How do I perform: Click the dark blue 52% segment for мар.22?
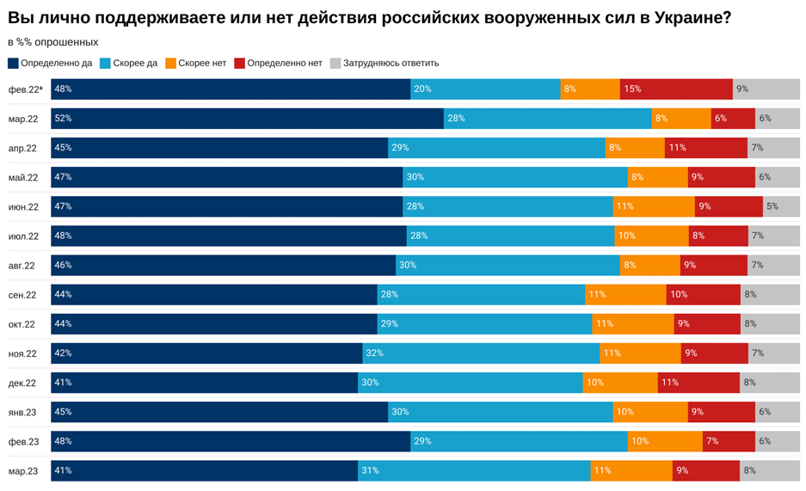coord(247,119)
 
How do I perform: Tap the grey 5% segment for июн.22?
coord(781,206)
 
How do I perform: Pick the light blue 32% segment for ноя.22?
coord(481,353)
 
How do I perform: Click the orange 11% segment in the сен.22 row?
coord(625,295)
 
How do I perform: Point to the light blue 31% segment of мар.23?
coord(474,470)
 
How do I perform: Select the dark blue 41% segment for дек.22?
coord(204,383)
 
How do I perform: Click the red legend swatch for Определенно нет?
coord(239,63)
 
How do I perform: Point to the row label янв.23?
coord(22,412)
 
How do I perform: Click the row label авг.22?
coord(22,266)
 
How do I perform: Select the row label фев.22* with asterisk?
coord(25,89)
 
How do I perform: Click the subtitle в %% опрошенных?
coord(52,42)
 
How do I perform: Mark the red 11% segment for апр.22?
coord(705,148)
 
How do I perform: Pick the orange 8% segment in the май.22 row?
coord(657,177)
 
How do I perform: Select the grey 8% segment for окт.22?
coord(770,324)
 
